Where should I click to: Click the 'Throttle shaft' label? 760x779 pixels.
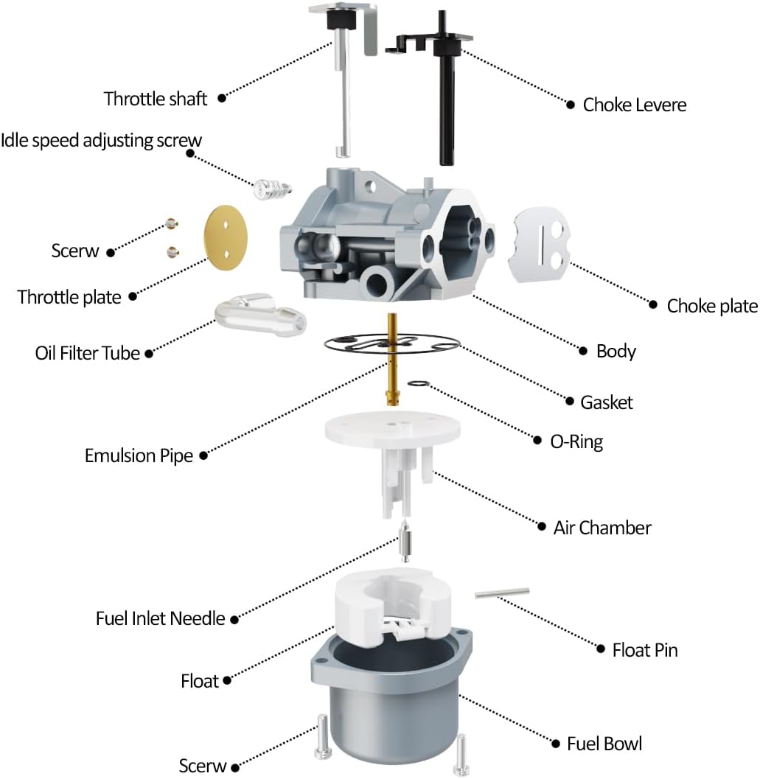[x=156, y=98]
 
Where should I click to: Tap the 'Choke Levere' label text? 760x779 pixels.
[x=634, y=105]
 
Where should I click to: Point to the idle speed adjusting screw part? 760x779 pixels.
[x=269, y=189]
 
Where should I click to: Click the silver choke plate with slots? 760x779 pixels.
[x=543, y=244]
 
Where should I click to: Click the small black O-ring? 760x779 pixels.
[x=419, y=383]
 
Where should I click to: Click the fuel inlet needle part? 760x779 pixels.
[x=404, y=545]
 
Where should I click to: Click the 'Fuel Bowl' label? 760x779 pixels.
[x=604, y=744]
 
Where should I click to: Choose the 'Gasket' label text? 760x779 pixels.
[x=607, y=402]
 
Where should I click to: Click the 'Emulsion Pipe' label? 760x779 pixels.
[x=139, y=455]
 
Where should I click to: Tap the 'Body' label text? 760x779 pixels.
[x=616, y=351]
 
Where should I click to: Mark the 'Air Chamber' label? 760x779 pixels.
[x=602, y=528]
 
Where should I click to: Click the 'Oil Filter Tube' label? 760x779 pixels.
[x=87, y=353]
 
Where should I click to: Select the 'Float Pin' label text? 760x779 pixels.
[x=645, y=649]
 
